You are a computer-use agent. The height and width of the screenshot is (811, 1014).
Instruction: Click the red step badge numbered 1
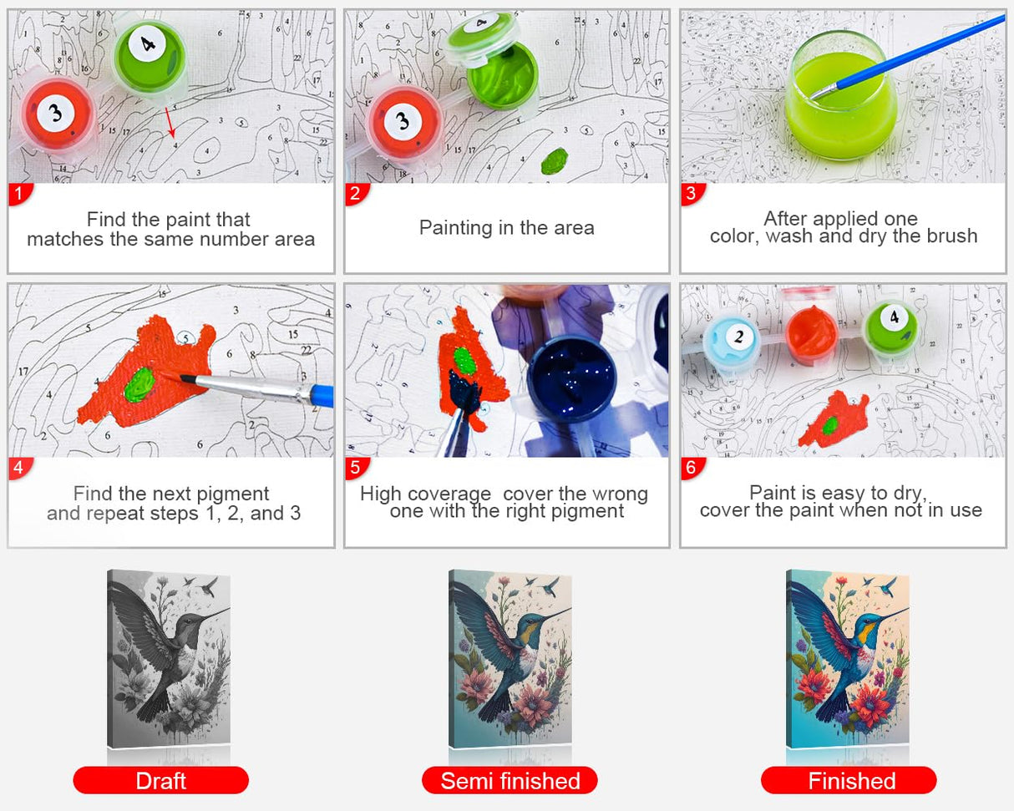(x=18, y=194)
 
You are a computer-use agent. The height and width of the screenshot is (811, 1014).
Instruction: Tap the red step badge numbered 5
(x=355, y=468)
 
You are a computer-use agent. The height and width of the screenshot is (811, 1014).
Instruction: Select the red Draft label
(x=160, y=780)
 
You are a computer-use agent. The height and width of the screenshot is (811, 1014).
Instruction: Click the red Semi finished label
(x=510, y=780)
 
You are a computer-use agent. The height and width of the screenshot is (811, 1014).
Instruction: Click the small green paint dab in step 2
(x=554, y=160)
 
